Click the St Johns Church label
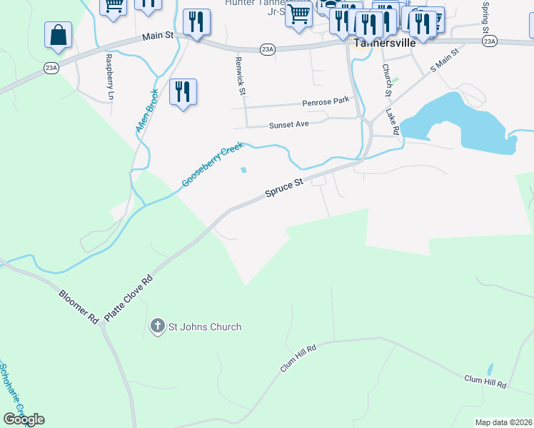coord(204,327)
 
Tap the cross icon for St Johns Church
coord(157,327)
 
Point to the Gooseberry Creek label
coord(212,165)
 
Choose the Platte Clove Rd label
coord(129,297)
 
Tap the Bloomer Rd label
coord(79,305)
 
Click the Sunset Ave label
coord(288,125)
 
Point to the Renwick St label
coord(241,76)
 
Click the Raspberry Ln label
coord(109,76)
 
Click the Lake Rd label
coord(391,122)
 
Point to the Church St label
coord(387,80)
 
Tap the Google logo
coord(24,419)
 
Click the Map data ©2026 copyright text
coord(503,422)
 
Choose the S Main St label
coord(443,61)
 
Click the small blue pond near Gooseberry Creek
coord(244,170)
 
